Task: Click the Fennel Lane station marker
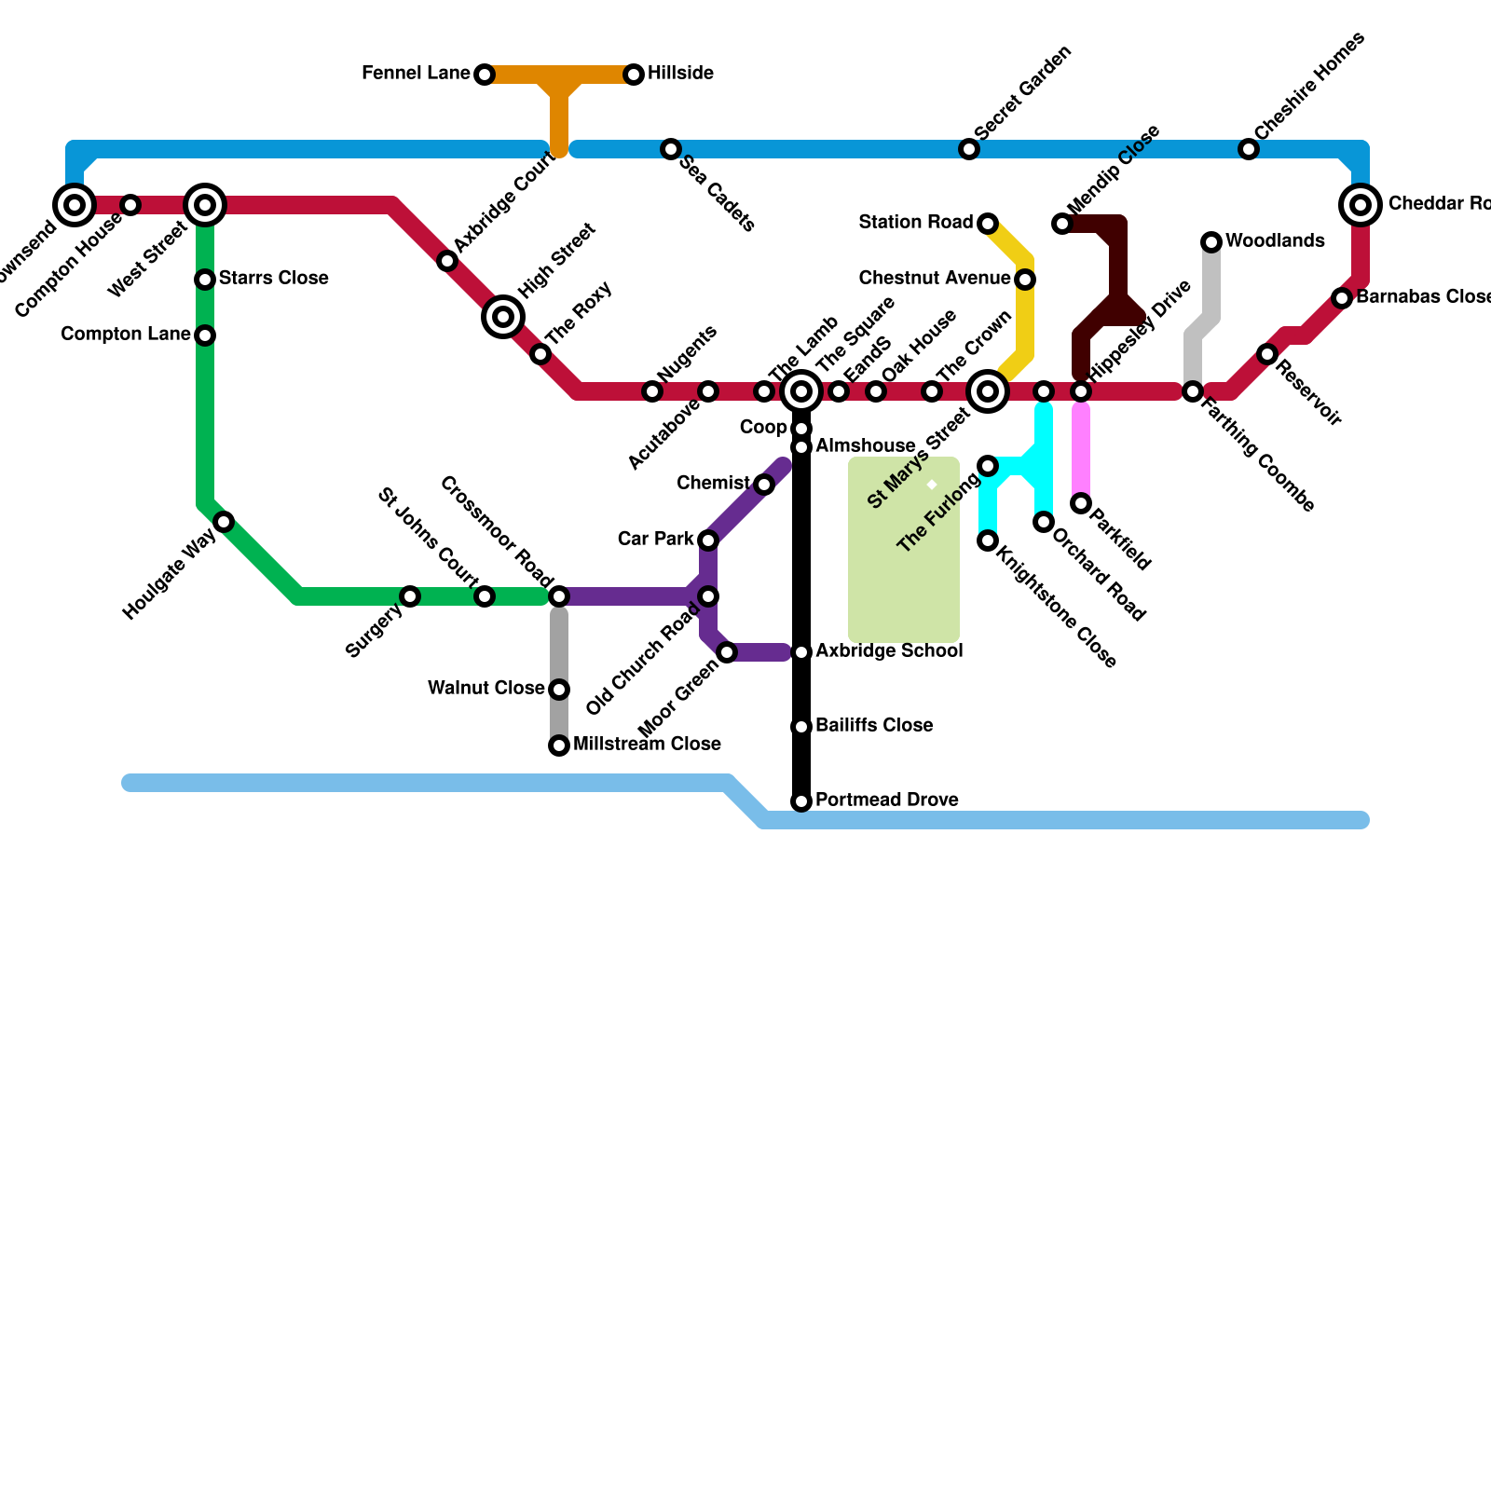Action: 485,75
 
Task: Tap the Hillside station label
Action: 680,74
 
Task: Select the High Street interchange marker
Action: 503,317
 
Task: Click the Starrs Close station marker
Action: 205,280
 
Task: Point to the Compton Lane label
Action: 126,335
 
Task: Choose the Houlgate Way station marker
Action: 224,522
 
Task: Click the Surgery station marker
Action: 410,596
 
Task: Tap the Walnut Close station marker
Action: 559,690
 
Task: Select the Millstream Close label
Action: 647,745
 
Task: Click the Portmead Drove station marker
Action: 801,801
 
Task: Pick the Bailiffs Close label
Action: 874,726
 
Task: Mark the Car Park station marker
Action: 708,540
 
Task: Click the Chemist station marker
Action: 764,485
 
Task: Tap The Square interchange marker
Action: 801,391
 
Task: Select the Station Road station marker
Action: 988,224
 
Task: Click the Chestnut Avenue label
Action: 935,279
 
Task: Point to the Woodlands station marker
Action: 1211,242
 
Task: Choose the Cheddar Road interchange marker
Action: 1361,205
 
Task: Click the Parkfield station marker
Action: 1081,503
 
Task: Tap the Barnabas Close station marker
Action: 1342,298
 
